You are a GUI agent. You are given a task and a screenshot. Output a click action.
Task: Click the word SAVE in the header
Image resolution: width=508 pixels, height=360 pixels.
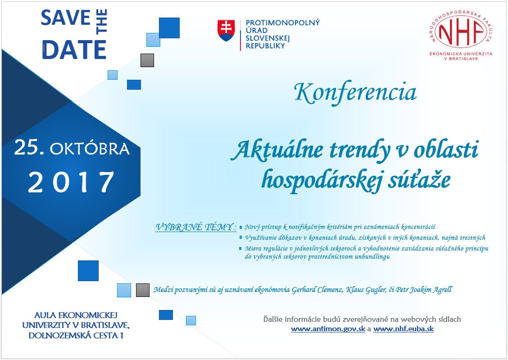[65, 18]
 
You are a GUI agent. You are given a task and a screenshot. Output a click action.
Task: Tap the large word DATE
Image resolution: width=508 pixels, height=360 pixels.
[74, 50]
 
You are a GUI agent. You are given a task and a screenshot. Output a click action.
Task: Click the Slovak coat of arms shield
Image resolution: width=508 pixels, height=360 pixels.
[226, 31]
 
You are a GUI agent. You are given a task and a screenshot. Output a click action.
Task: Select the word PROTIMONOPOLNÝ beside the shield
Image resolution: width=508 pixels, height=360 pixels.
[282, 23]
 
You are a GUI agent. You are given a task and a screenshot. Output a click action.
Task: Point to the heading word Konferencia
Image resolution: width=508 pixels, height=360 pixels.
[355, 92]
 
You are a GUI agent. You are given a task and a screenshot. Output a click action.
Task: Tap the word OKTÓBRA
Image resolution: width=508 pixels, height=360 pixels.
[90, 149]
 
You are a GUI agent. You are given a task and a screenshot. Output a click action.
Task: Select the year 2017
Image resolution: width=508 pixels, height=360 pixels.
[71, 182]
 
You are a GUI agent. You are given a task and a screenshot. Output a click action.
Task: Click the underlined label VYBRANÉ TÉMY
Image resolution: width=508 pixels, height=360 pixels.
[196, 227]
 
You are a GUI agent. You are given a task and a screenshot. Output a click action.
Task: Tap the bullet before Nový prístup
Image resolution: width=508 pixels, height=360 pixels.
[241, 227]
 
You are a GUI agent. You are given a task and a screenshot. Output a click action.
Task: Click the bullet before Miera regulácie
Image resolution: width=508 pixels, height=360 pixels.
[241, 249]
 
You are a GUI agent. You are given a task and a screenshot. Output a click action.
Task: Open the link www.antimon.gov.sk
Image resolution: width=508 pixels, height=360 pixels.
[328, 329]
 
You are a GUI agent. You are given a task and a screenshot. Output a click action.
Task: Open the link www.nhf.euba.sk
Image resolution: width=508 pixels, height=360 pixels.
[404, 329]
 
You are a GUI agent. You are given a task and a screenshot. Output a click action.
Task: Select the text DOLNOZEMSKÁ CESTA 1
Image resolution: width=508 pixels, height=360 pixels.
[76, 335]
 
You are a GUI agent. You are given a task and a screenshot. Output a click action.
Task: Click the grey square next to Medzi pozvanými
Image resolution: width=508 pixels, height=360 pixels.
[143, 290]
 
